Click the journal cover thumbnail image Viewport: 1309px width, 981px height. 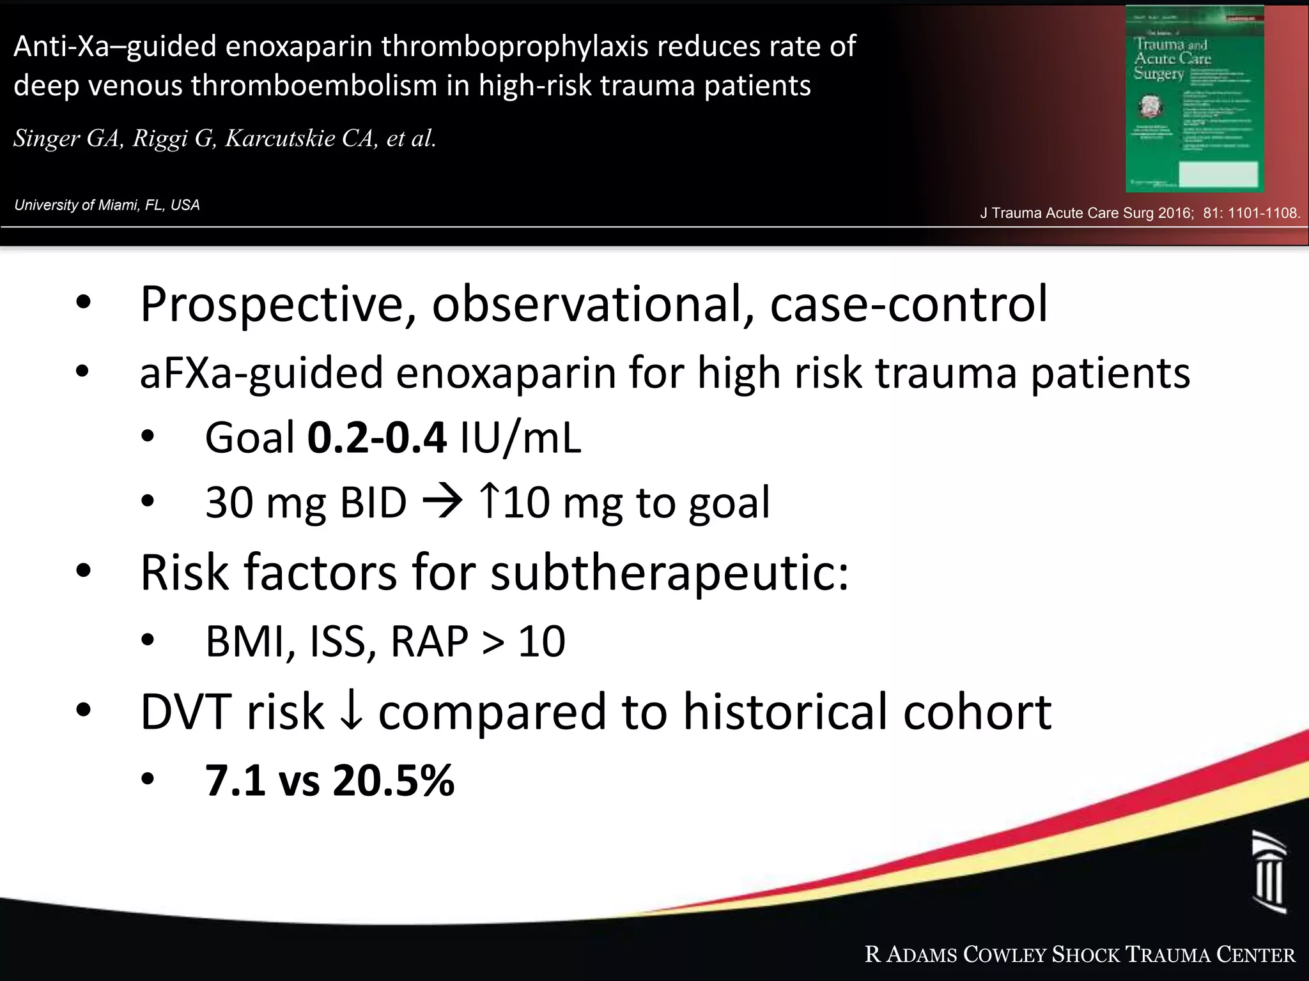1194,99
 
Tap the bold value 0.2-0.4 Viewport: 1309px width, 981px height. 376,438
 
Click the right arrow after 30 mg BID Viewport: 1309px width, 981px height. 442,502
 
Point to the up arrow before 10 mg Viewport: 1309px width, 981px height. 489,501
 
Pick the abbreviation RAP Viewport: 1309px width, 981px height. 429,641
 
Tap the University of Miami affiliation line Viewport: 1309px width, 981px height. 107,205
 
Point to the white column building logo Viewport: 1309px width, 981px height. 1269,872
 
